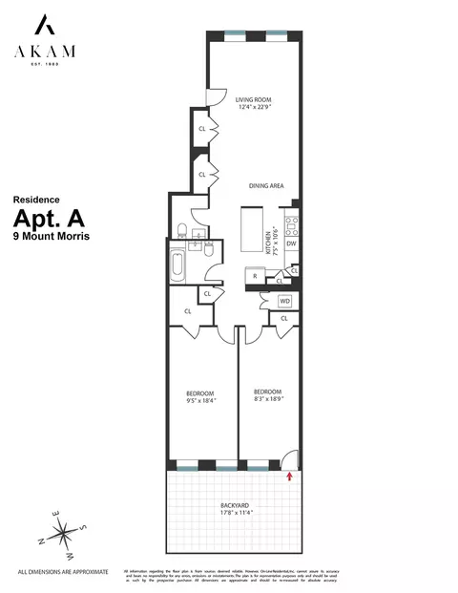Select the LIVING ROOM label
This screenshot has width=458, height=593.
point(255,97)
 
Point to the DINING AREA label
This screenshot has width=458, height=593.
point(266,186)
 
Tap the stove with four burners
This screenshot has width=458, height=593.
point(293,226)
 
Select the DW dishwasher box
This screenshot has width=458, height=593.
point(292,245)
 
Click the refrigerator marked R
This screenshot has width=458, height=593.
point(253,276)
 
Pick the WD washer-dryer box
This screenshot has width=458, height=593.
point(284,302)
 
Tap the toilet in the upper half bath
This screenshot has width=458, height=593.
point(181,230)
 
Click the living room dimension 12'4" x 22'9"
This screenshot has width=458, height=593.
point(255,107)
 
